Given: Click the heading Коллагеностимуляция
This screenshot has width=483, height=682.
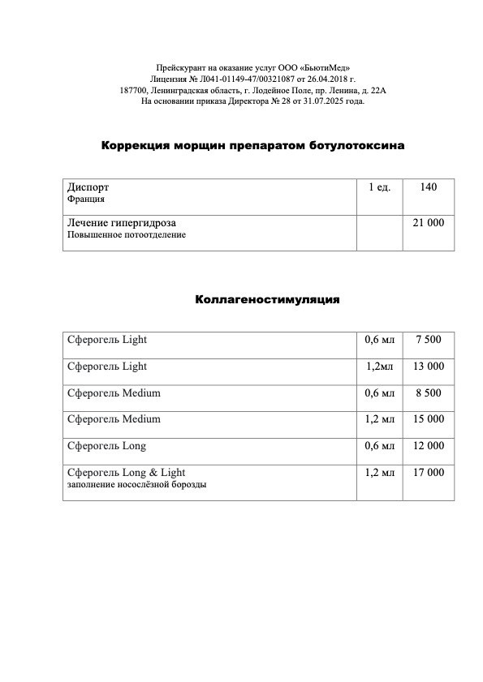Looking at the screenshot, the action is [267, 299].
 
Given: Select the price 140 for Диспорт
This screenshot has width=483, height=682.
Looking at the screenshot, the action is [429, 187].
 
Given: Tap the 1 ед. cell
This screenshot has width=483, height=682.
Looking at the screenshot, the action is [380, 187].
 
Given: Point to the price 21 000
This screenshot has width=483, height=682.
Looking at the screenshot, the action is [429, 222].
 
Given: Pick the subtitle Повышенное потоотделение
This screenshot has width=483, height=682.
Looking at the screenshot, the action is [126, 235].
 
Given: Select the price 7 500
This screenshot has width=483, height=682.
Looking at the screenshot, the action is [429, 340].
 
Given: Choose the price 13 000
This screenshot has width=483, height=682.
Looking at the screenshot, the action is [429, 367].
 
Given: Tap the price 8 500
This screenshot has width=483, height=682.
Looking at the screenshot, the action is [429, 393].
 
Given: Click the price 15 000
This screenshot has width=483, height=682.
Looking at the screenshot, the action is [429, 419].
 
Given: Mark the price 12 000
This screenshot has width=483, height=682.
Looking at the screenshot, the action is [429, 446].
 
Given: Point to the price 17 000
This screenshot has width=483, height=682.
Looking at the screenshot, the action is [429, 472].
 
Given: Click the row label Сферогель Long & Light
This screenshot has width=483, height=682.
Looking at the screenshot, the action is [126, 472].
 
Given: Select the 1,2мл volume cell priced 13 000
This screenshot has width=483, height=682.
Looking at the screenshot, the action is [380, 367].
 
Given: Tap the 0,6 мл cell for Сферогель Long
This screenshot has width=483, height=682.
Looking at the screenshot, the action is [380, 446].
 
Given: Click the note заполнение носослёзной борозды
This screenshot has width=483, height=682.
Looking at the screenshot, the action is [136, 485].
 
